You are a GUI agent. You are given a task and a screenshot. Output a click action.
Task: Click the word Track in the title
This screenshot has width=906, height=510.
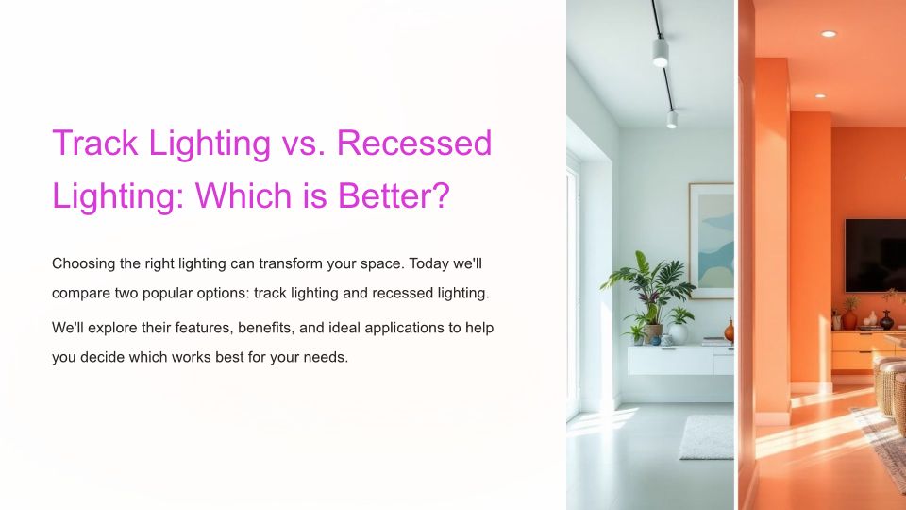95,143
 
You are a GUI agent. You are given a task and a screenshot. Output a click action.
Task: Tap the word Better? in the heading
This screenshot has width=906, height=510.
394,195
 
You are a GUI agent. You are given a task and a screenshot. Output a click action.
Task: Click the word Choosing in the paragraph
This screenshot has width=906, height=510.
83,264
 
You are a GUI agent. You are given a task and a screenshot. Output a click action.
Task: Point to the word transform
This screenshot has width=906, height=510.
291,263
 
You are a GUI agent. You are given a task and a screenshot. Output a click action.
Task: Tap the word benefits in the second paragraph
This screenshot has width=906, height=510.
266,328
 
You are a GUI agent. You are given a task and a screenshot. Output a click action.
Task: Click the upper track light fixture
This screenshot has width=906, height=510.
661,51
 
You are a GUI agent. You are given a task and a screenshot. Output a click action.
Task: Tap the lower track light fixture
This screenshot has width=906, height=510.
672,119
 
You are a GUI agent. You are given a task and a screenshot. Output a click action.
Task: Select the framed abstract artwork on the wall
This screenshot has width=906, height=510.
712,241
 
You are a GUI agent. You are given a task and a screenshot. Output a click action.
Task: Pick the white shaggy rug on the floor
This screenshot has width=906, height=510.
707,437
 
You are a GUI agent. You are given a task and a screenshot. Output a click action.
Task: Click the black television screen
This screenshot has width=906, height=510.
876,256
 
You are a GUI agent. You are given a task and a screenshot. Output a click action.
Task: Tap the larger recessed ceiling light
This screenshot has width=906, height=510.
829,34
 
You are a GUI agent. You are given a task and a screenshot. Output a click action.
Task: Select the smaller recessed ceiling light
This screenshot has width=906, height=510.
820,96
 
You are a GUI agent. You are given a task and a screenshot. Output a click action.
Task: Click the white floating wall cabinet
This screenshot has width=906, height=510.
680,361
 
